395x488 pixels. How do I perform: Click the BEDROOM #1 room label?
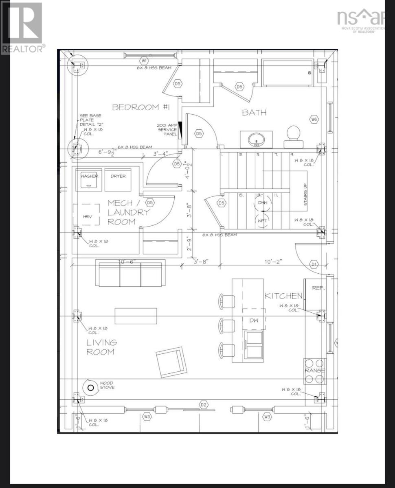[129, 107]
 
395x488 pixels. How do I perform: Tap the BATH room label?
[254, 112]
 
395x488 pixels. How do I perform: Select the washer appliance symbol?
[89, 179]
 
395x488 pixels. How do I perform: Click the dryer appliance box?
[118, 179]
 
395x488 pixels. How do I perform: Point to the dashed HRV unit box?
[87, 214]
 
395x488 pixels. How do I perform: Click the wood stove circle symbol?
[91, 388]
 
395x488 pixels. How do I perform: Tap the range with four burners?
[315, 371]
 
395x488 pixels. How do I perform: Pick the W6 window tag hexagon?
[314, 120]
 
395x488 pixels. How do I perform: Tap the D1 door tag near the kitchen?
[314, 264]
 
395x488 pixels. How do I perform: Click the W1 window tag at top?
[144, 61]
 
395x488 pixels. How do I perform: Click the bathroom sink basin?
[256, 139]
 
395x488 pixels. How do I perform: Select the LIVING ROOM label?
[101, 347]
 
